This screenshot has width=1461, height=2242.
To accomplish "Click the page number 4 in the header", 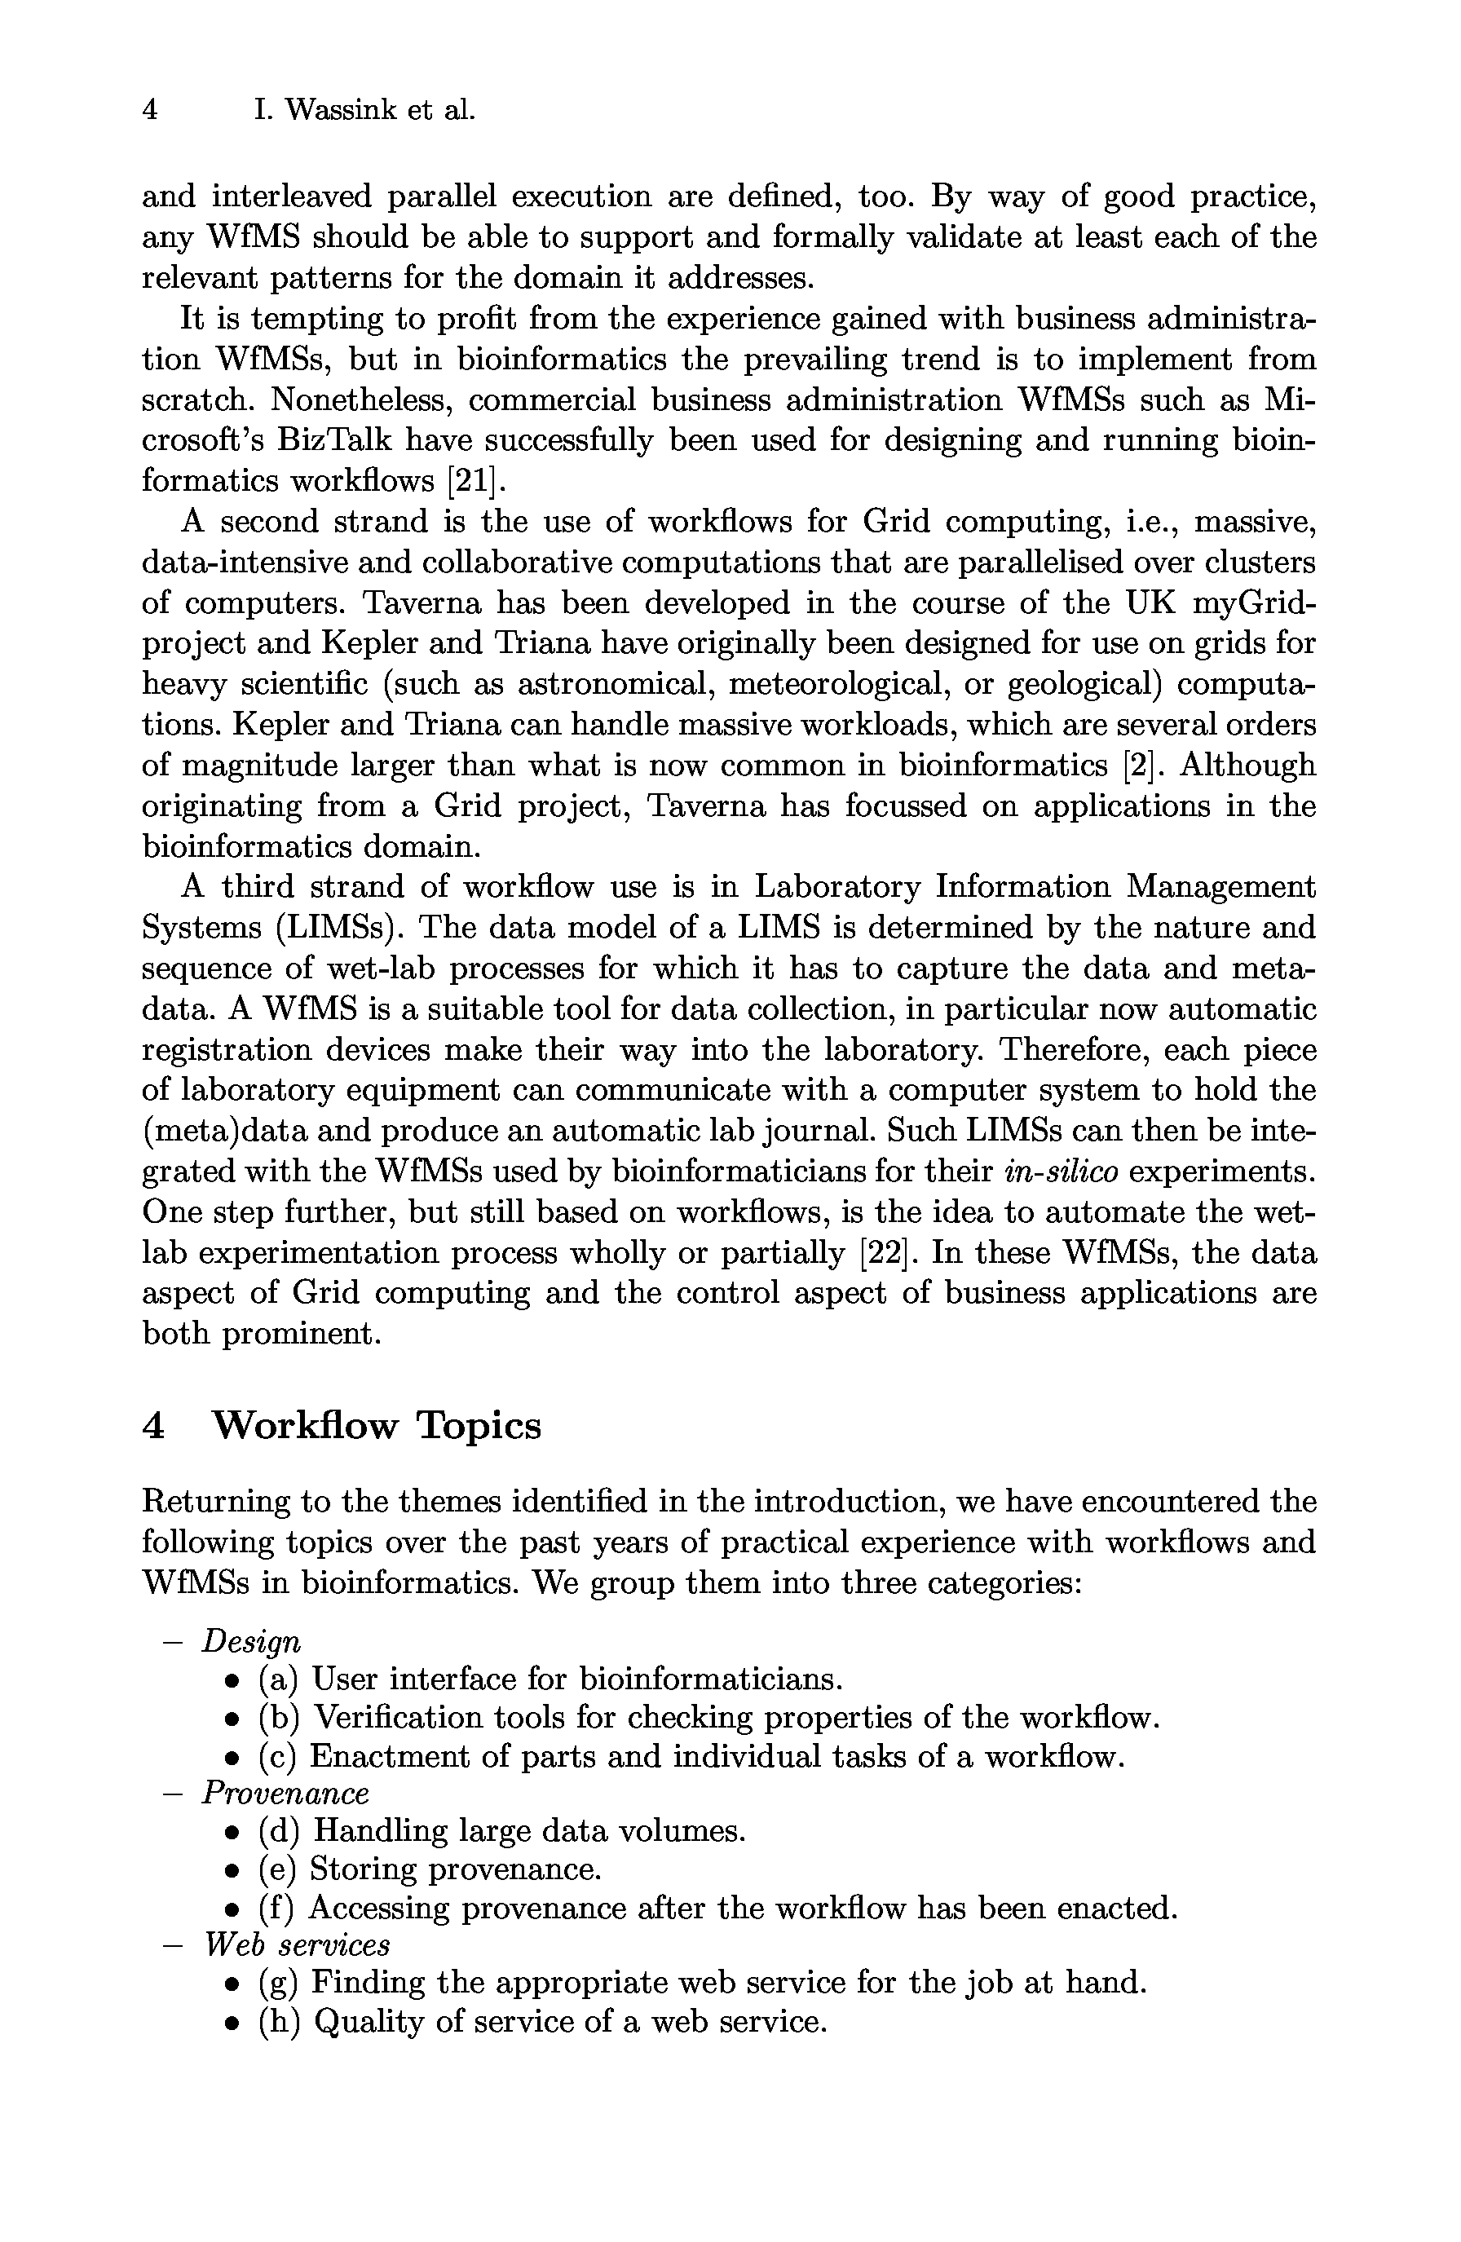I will (x=149, y=110).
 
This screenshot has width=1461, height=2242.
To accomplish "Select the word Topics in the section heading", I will (x=479, y=1425).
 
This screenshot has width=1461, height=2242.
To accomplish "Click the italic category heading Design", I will (x=250, y=1642).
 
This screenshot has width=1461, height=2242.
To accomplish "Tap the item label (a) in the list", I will (x=278, y=1679).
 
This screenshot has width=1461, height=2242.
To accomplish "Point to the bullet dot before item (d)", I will (x=230, y=1832).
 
